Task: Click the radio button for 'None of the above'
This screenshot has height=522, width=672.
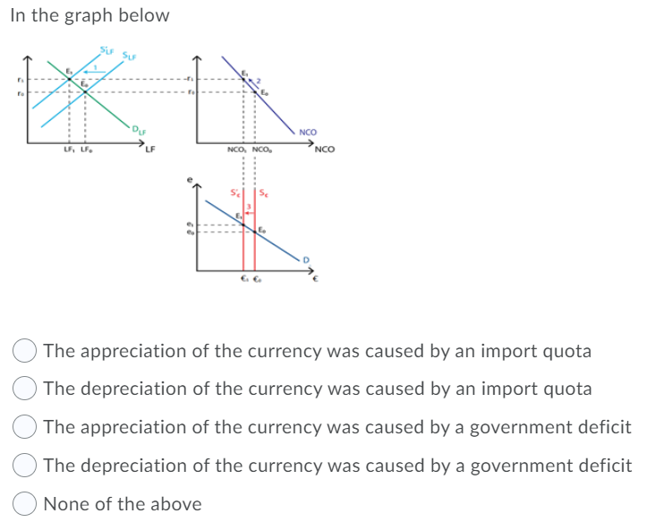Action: (25, 504)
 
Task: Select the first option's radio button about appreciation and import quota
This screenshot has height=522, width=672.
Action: (25, 351)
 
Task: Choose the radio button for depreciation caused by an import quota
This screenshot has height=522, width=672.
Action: (25, 389)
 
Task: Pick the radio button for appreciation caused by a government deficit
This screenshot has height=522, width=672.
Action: (25, 428)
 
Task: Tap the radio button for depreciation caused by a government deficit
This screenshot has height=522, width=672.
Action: (25, 466)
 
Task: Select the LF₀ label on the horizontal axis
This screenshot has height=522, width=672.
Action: (87, 150)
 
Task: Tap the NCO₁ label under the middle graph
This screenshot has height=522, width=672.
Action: (239, 150)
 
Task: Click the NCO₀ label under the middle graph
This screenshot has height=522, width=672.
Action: (262, 150)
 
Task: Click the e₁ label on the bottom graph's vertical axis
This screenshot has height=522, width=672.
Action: (189, 224)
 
